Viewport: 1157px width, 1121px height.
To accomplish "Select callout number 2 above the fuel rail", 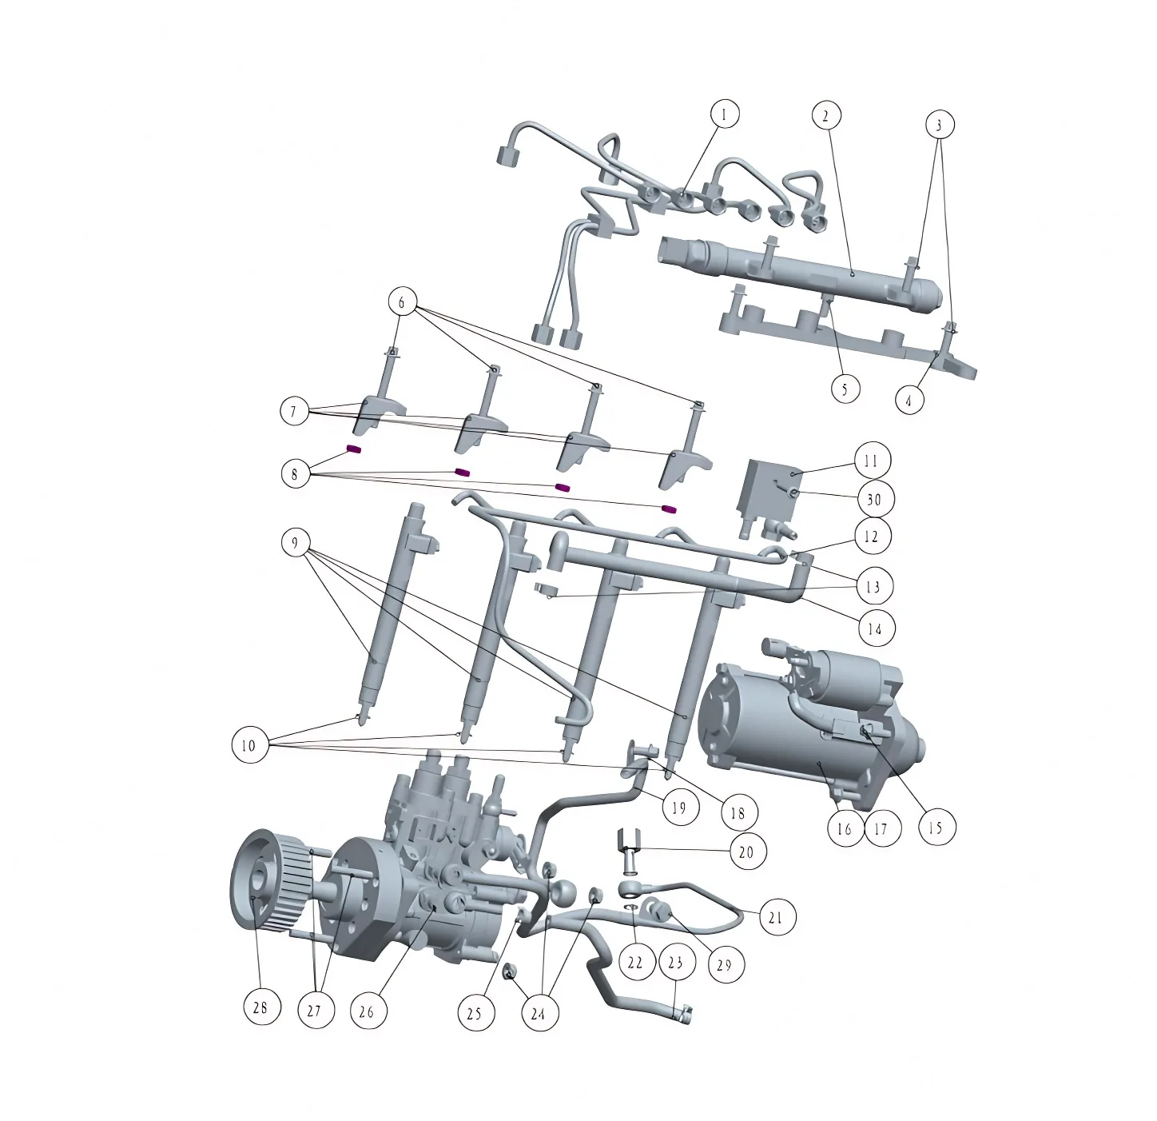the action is (826, 116).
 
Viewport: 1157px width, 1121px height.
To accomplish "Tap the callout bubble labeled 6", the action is (401, 303).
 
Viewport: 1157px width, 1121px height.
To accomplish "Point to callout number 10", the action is (248, 745).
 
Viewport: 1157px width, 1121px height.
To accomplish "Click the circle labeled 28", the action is (262, 1007).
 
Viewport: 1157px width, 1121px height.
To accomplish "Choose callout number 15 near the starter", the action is (936, 827).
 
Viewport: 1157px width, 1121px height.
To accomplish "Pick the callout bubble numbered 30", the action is (873, 499).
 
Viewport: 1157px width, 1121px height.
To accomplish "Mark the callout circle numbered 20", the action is (746, 852).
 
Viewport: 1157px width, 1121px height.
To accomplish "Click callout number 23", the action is (675, 962).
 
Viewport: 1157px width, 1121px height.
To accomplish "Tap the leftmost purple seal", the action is (354, 449).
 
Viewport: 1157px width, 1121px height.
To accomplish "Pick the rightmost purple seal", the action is (669, 509).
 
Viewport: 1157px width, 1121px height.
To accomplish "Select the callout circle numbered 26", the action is (368, 1011).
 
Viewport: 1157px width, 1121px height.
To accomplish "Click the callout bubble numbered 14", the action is (875, 628).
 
